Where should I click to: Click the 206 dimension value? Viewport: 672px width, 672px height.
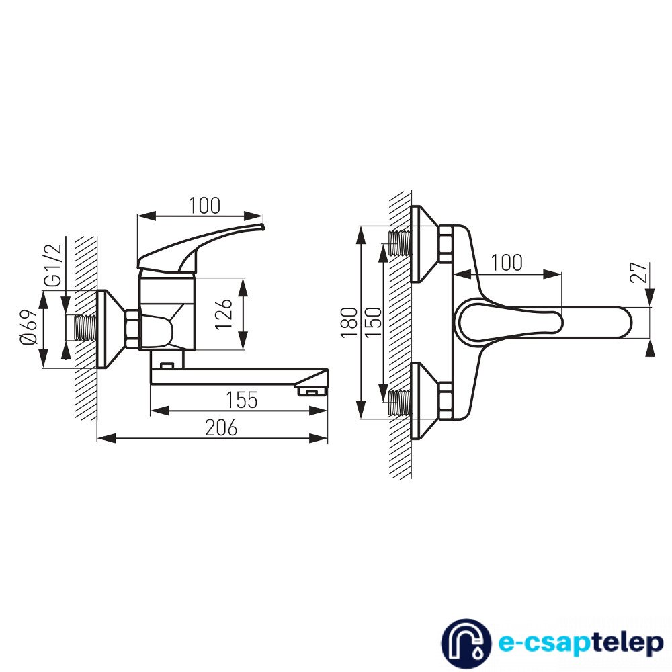(221, 427)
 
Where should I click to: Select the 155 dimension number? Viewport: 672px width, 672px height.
(242, 401)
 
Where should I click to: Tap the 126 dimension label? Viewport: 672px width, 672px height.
(224, 314)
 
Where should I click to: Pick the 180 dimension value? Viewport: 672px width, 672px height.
(349, 323)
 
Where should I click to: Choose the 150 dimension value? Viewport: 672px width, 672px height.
(373, 323)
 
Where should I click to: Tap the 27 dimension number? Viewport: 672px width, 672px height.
(639, 272)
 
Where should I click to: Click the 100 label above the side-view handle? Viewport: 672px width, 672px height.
(204, 206)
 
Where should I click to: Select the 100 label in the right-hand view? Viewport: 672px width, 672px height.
(506, 263)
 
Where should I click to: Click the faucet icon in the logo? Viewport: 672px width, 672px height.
(466, 644)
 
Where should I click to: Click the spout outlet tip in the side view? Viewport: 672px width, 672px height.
(311, 391)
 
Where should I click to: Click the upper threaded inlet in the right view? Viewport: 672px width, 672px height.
(399, 243)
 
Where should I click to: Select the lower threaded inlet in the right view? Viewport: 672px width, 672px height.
(399, 403)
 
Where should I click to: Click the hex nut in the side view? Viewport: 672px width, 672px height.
(132, 329)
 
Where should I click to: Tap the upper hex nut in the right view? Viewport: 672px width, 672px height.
(446, 244)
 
